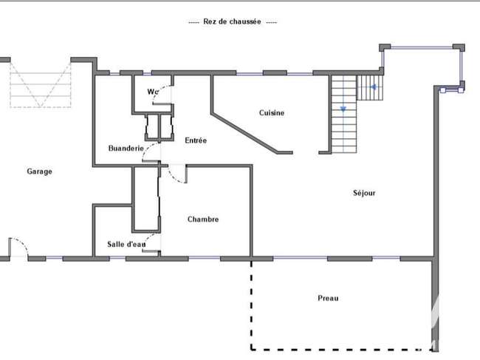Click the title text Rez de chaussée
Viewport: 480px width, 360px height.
coord(232,21)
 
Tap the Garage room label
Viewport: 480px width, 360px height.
coord(39,171)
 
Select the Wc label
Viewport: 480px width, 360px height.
coord(152,92)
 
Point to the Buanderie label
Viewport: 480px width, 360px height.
coord(126,149)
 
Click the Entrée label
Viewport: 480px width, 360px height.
coord(196,140)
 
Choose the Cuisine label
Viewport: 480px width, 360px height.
coord(272,113)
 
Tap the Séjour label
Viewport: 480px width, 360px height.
coord(364,193)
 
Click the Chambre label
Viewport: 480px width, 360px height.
coord(203,220)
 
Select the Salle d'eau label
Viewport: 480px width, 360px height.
coord(126,245)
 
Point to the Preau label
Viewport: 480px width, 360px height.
coord(328,298)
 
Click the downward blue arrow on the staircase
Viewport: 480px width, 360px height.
coord(343,109)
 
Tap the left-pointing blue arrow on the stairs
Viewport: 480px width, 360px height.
coord(373,87)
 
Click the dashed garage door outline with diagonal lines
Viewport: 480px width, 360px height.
coord(41,84)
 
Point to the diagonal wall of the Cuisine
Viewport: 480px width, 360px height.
coord(245,133)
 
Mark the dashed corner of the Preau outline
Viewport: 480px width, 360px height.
coord(252,349)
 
